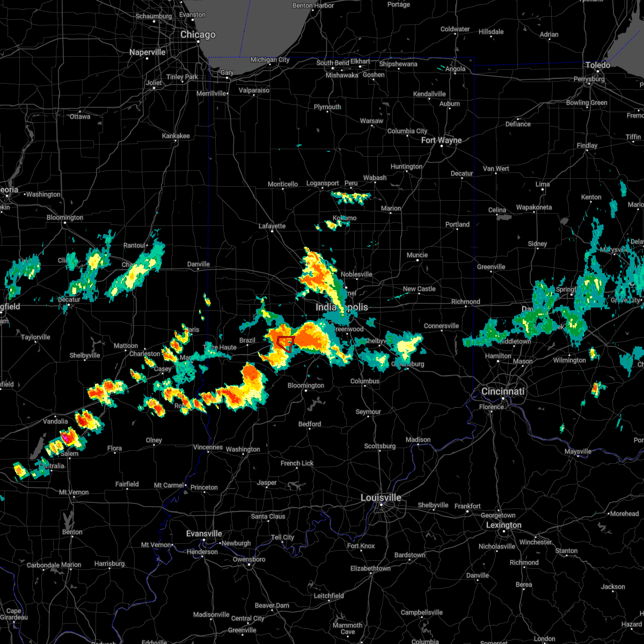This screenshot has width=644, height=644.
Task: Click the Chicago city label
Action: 197,35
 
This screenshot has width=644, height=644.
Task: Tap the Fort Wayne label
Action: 441,141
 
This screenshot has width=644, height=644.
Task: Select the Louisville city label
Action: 380,497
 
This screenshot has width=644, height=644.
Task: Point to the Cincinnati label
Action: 503,391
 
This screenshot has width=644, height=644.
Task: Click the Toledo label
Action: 597,65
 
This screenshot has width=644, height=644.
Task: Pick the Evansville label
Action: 204,533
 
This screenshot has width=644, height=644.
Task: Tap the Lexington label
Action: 503,525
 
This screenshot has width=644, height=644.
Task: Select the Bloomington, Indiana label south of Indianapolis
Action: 306,385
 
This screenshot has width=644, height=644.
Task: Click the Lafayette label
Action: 272,226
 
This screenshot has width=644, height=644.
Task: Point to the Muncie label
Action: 417,255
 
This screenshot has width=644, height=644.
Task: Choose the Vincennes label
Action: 208,447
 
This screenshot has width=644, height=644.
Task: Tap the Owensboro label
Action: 249,559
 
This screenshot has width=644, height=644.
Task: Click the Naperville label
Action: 147,52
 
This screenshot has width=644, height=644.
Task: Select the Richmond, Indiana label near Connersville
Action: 465,302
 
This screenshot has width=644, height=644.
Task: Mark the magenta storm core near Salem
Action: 64,437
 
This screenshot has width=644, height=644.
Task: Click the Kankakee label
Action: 176,136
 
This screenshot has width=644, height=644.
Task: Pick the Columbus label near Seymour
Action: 365,381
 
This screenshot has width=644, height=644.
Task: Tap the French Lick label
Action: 297,463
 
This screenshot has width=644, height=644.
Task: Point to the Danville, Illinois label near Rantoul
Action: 198,264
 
